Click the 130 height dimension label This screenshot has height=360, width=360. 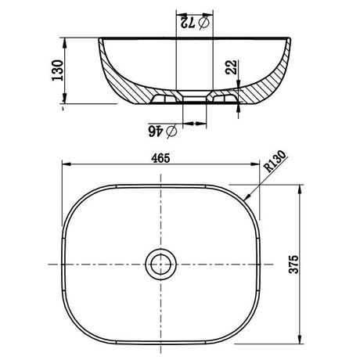(58, 70)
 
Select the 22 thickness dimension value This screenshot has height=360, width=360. (232, 67)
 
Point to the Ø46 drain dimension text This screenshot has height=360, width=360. (163, 131)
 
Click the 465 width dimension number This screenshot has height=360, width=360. (160, 158)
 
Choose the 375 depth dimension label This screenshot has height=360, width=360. (293, 264)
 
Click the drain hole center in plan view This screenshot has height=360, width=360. (160, 265)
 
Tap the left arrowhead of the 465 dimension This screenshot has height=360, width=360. (67, 164)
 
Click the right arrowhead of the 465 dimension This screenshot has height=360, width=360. (255, 164)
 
